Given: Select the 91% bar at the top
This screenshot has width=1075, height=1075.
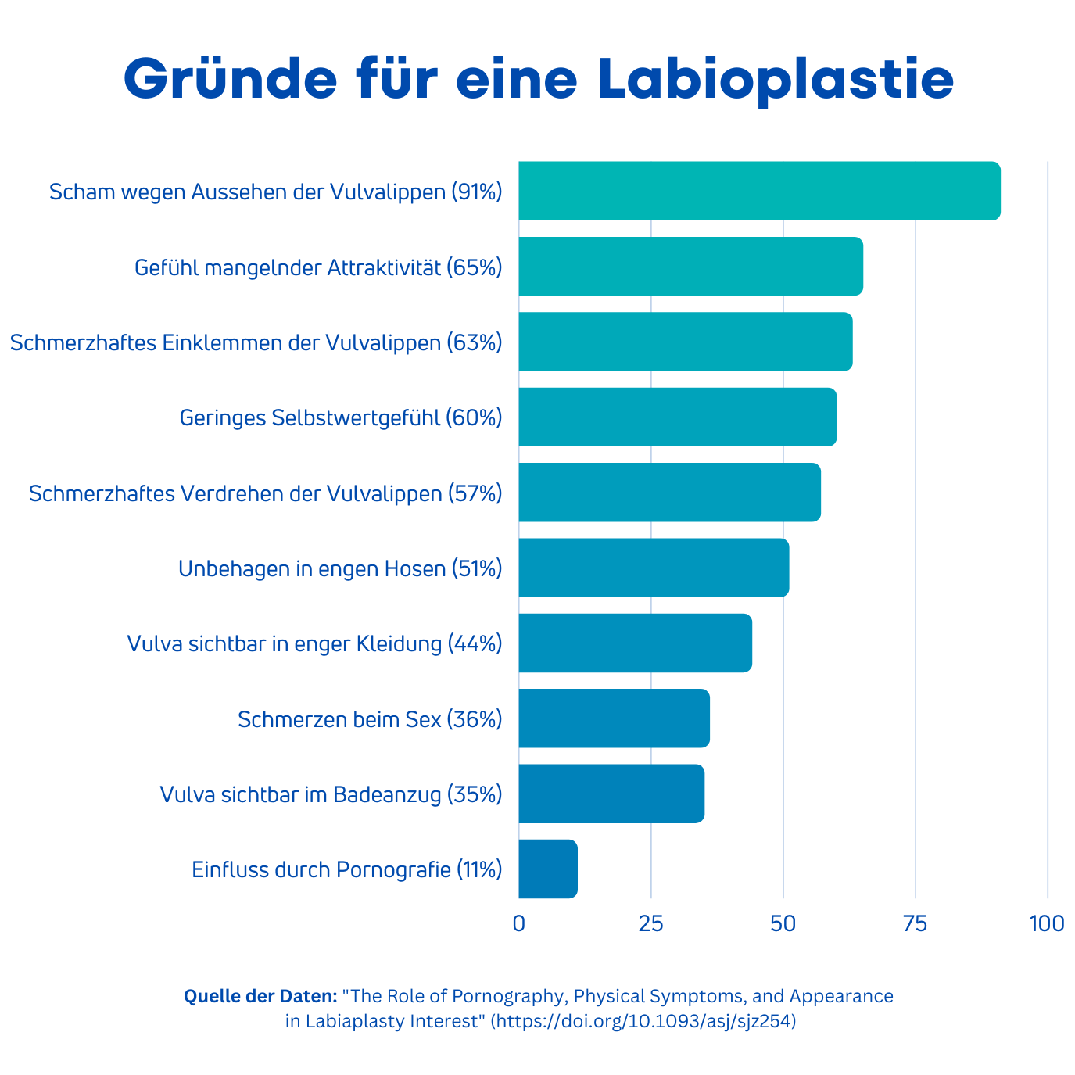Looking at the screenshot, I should pos(758,191).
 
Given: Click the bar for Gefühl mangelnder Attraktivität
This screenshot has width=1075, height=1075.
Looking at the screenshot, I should pos(690,266).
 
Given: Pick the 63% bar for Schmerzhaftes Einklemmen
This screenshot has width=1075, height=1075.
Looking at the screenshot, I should pos(685,342).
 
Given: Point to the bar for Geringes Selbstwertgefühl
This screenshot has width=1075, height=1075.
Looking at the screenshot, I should pos(677,417).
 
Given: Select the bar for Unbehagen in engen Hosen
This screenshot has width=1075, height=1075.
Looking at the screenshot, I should pos(654,568).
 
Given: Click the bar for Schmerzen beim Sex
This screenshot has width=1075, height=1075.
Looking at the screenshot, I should pos(614,718).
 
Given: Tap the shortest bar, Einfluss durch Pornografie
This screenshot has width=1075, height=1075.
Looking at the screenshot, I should pos(548,869).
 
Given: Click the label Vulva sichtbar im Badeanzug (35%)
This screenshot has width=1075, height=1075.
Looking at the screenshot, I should pos(331,794).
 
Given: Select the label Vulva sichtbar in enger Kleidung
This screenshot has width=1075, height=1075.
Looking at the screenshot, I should pos(314,643).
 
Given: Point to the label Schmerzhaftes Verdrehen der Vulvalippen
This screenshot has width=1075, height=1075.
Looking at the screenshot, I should pos(265,493).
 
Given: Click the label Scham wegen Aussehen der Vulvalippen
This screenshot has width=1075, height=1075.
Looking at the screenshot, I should pos(275,192).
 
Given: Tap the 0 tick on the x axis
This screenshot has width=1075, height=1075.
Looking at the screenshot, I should pos(518,923).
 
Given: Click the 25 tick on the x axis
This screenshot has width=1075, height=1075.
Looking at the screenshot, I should pos(650,923).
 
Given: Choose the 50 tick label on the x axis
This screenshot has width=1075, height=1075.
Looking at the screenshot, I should pos(783,923).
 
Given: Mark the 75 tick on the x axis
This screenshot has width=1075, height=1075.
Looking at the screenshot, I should pos(915,923).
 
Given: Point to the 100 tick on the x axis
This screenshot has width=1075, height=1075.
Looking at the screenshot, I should pos(1047,923).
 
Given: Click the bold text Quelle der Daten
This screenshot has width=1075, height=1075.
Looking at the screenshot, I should pos(260,996).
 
